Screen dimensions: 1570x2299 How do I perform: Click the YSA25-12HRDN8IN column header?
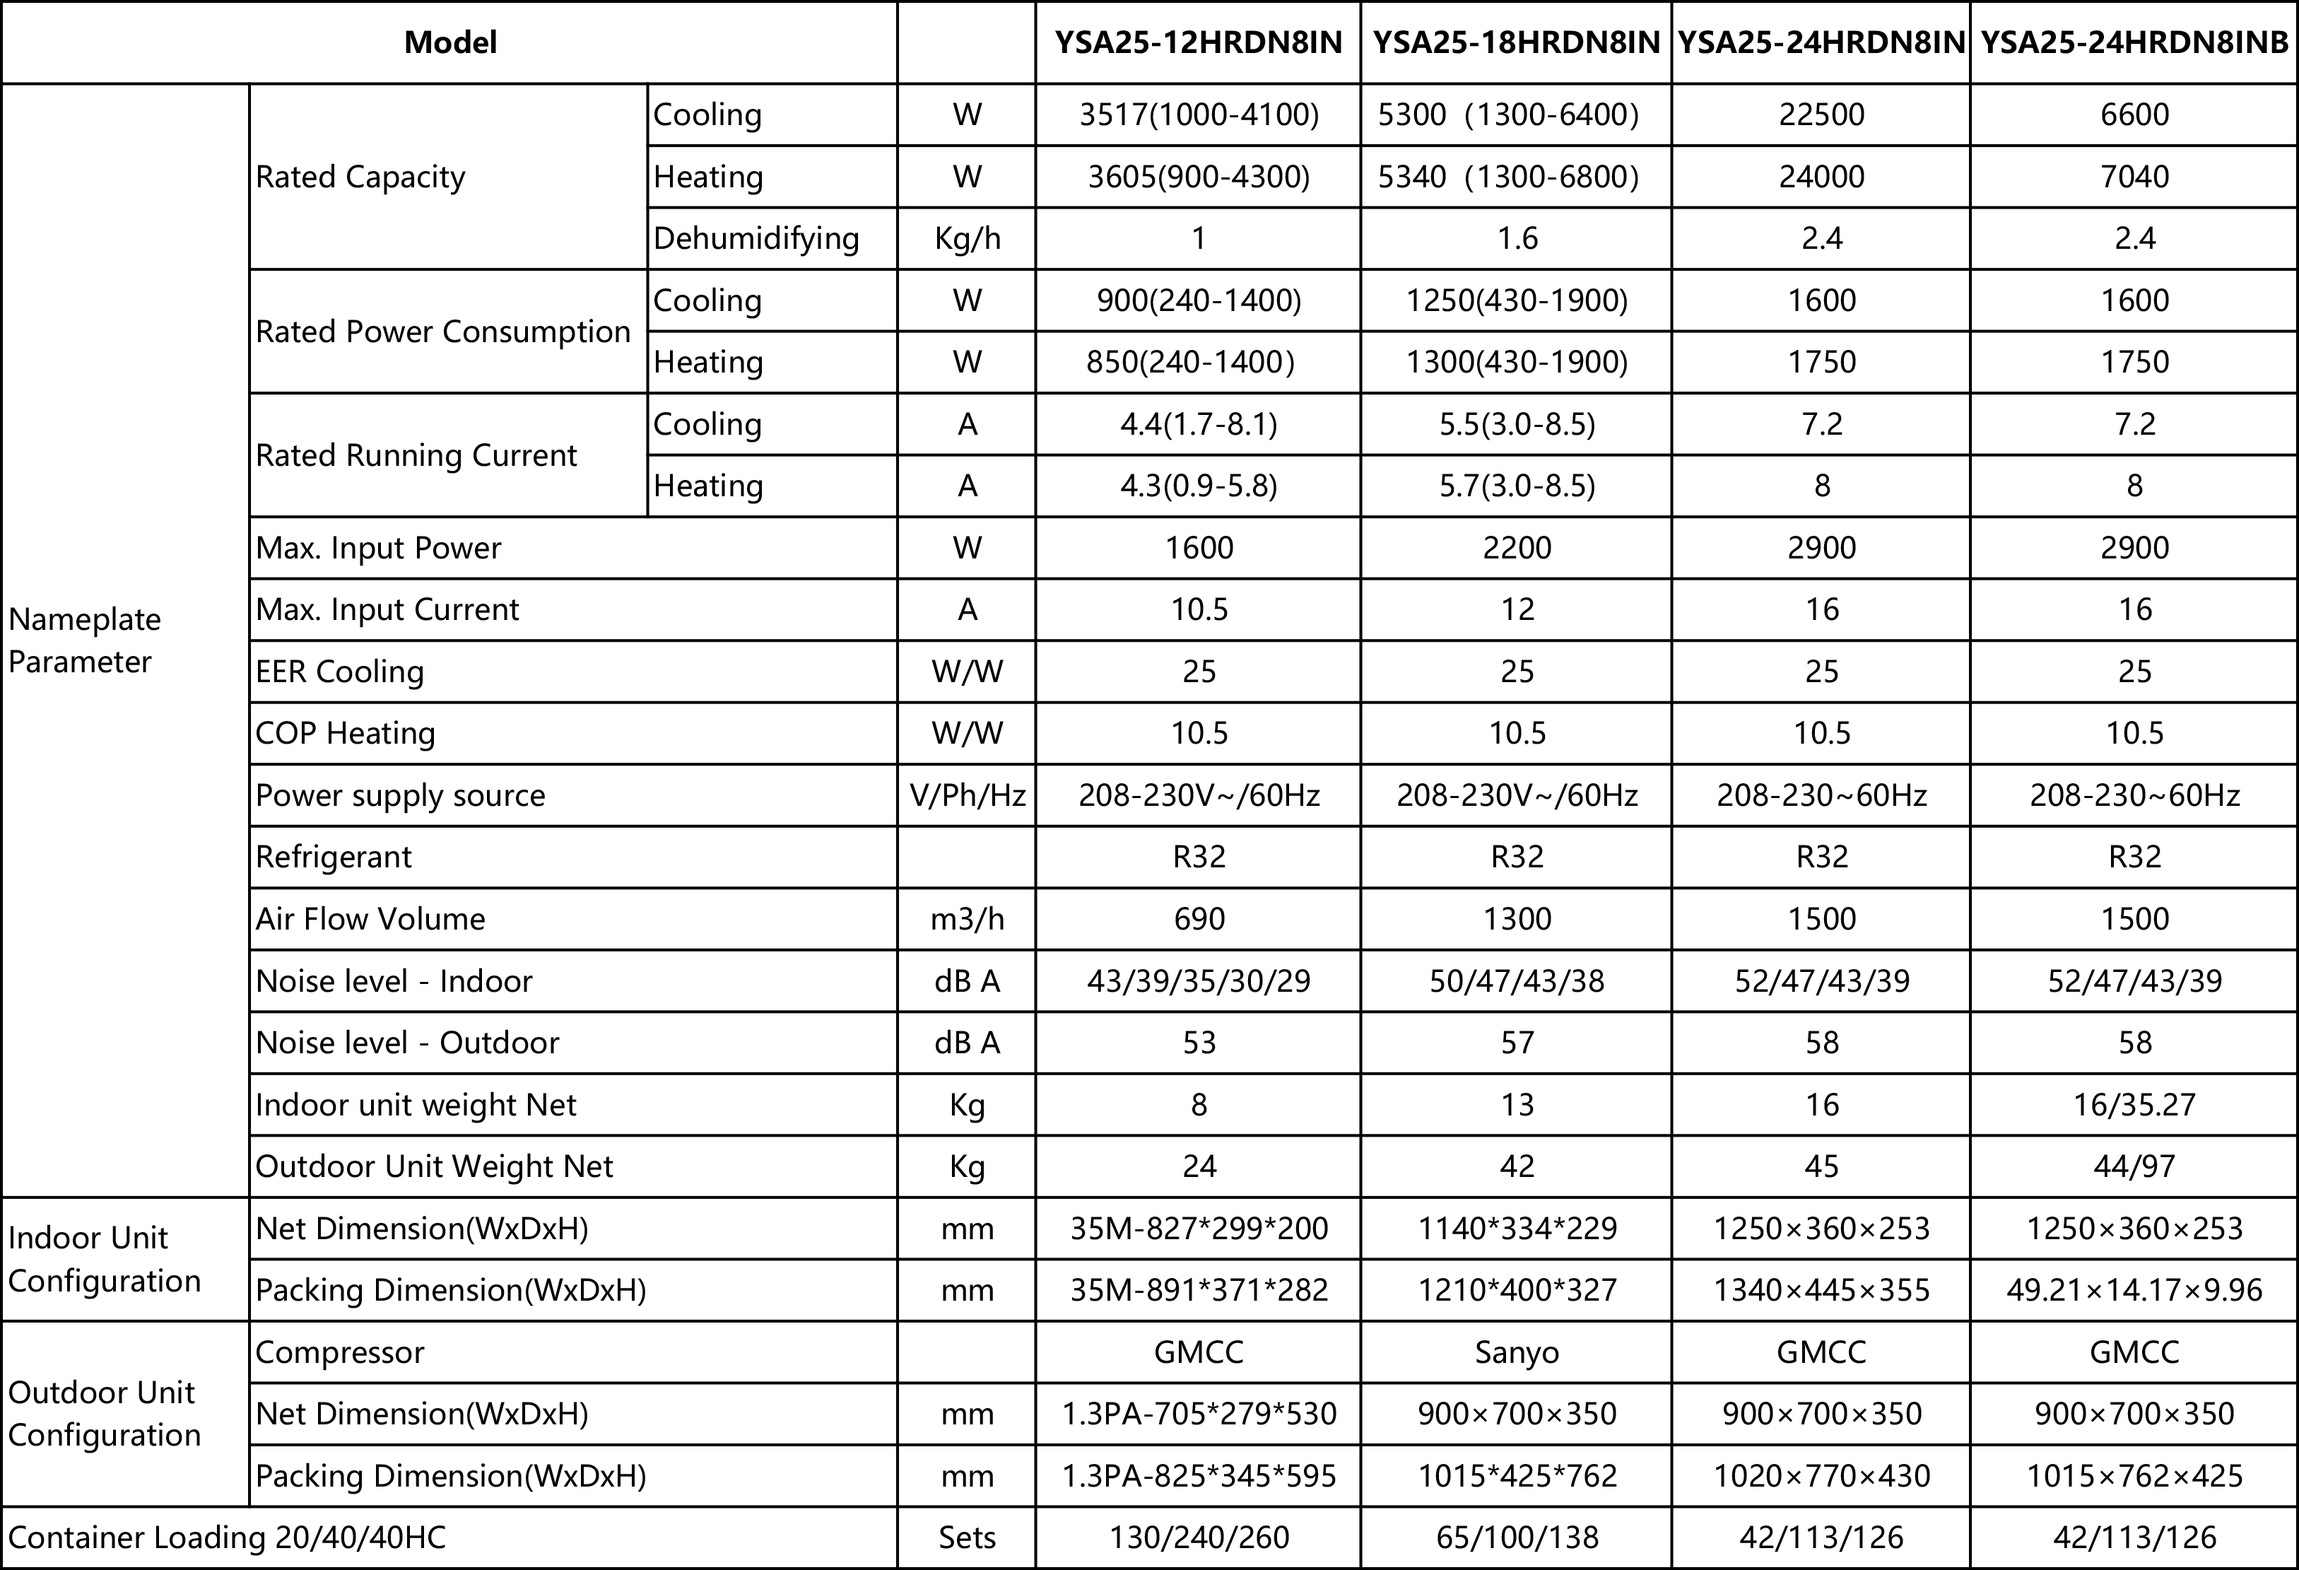[x=1198, y=42]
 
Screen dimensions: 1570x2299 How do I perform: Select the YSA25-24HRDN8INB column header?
[x=2134, y=42]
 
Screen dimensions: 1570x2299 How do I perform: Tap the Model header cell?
[x=450, y=42]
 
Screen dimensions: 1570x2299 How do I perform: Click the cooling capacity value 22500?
[x=1821, y=115]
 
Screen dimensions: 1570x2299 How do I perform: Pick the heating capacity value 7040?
[x=2134, y=177]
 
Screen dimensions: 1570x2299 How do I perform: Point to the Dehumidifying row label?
[x=755, y=238]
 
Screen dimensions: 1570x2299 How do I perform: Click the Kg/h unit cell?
[x=967, y=238]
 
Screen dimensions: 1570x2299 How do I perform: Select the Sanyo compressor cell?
[x=1517, y=1352]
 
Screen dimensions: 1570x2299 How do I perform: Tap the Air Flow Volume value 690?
[x=1199, y=919]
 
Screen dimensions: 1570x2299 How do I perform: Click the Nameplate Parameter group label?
[x=85, y=640]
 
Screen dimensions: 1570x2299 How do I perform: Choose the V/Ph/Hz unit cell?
[x=967, y=795]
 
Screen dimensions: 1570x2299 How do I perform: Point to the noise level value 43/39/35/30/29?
[x=1199, y=981]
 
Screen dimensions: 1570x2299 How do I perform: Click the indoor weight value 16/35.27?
[x=2134, y=1105]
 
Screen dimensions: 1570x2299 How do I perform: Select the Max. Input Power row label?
[x=378, y=548]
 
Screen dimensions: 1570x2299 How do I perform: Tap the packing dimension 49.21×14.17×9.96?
[x=2134, y=1290]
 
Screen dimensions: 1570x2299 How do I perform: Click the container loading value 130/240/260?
[x=1199, y=1537]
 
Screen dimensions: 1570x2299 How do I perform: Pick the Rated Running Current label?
[x=416, y=455]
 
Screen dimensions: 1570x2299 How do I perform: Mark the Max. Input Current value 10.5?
[x=1199, y=609]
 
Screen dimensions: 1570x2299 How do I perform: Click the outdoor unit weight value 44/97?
[x=2134, y=1166]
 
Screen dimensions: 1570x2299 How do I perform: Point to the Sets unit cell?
[x=967, y=1537]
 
